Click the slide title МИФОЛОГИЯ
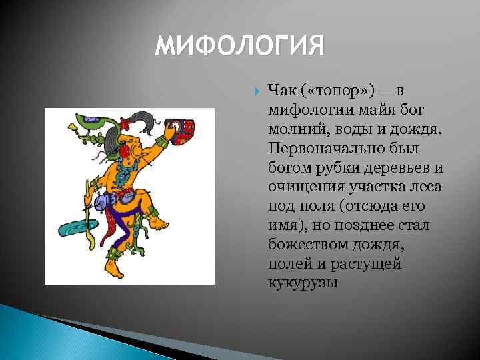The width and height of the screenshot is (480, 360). (240, 47)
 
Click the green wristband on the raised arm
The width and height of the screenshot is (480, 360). (158, 142)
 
